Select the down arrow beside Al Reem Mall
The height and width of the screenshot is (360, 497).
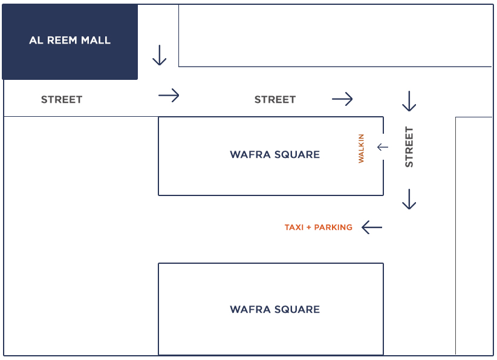[160, 55]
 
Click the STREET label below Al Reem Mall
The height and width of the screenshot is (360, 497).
[62, 100]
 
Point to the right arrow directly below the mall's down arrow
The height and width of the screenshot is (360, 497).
[169, 95]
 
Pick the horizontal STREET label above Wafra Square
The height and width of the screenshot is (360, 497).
[275, 100]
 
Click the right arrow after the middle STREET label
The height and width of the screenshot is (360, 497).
[342, 99]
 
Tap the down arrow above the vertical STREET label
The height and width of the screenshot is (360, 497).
[409, 101]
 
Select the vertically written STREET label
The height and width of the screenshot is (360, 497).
[409, 147]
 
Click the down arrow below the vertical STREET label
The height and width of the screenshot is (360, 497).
[409, 199]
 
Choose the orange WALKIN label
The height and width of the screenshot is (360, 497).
[361, 148]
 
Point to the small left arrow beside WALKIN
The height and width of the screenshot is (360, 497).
[383, 147]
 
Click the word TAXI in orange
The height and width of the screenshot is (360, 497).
[294, 227]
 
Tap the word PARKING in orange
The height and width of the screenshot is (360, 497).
[333, 227]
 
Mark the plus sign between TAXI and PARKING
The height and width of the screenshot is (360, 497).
[309, 227]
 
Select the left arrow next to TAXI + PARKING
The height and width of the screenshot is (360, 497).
[372, 227]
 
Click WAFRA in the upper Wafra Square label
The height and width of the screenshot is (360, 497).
[250, 154]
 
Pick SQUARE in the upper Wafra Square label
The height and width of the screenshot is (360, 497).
[297, 154]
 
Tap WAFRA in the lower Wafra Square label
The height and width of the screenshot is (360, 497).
[250, 309]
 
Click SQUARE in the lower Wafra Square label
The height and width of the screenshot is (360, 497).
[297, 309]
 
